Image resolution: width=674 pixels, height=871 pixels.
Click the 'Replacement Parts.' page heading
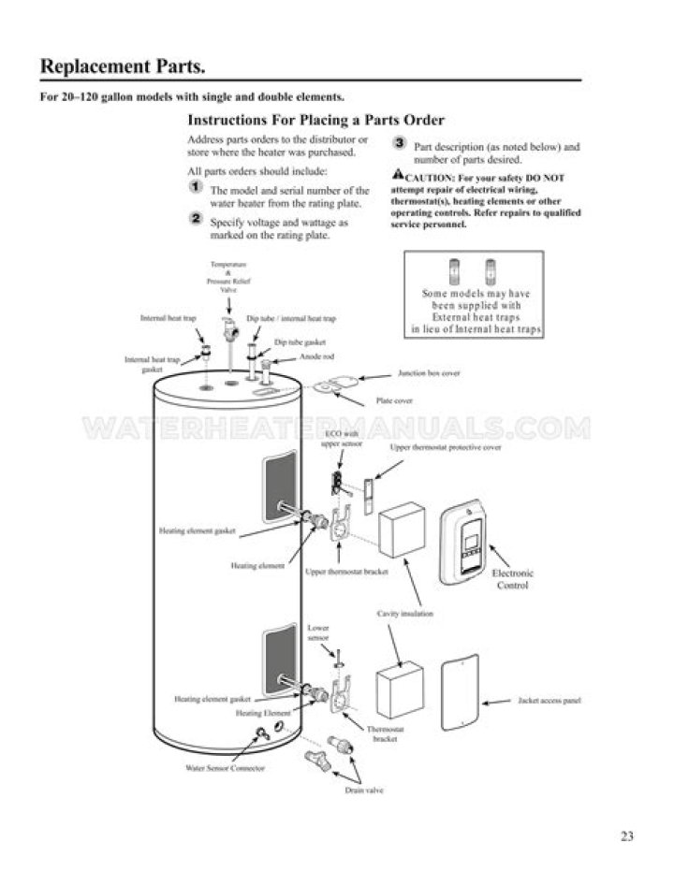click(122, 67)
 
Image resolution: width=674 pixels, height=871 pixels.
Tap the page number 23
click(626, 836)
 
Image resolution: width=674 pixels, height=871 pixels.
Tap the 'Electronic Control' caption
click(512, 579)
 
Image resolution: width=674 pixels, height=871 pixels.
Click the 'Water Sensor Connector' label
click(225, 767)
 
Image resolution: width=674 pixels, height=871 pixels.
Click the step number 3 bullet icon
click(399, 144)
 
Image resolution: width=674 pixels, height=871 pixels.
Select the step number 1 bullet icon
click(196, 187)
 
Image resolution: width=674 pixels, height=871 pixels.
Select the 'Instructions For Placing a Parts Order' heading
click(315, 120)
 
